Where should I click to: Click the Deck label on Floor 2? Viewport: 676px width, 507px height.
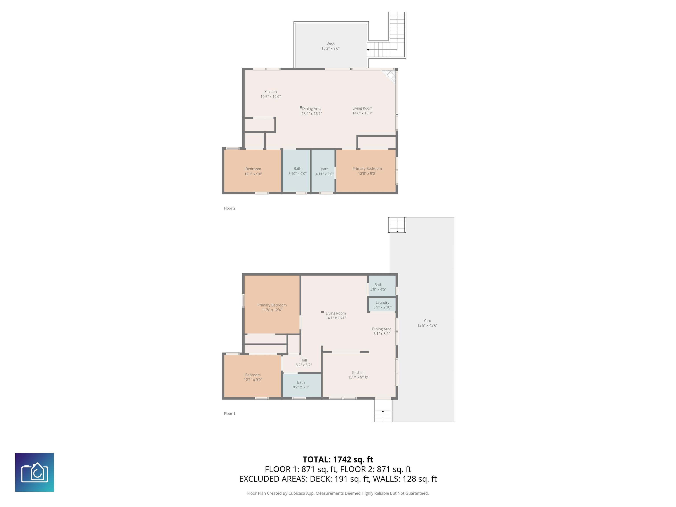coord(330,43)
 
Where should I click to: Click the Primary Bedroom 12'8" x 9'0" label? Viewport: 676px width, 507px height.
coord(367,171)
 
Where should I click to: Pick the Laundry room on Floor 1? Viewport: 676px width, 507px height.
coord(382,305)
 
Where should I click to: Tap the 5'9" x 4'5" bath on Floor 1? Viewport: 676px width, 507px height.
coord(378,287)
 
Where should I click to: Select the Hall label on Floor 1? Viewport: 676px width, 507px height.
coord(303,360)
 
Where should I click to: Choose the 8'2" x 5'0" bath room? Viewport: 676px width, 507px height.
coord(301,385)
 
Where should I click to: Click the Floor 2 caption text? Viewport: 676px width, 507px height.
coord(230,208)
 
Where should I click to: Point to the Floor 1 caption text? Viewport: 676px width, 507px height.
coord(230,413)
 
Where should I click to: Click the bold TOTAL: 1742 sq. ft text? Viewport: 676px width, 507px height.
coord(338,459)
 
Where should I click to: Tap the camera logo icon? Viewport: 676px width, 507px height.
coord(35,472)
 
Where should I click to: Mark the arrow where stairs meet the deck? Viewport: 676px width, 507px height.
coord(368,50)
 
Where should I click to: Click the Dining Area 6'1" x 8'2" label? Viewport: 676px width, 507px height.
coord(381,331)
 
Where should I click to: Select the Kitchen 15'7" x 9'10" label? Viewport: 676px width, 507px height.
coord(358,375)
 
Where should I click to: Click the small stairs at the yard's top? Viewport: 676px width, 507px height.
coord(397,225)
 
